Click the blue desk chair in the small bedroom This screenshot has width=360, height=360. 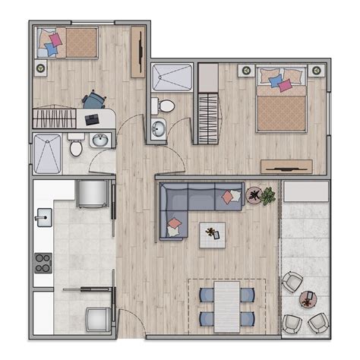point(93,99)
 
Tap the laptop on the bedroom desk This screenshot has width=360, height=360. point(93,119)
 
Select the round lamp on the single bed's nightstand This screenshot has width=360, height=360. point(40,67)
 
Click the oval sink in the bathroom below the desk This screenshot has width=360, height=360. point(99,140)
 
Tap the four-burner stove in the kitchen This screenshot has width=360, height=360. point(42,264)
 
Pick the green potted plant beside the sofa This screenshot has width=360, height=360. point(268,197)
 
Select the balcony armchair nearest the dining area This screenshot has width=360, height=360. point(292,282)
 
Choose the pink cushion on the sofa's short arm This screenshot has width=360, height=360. point(175,223)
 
